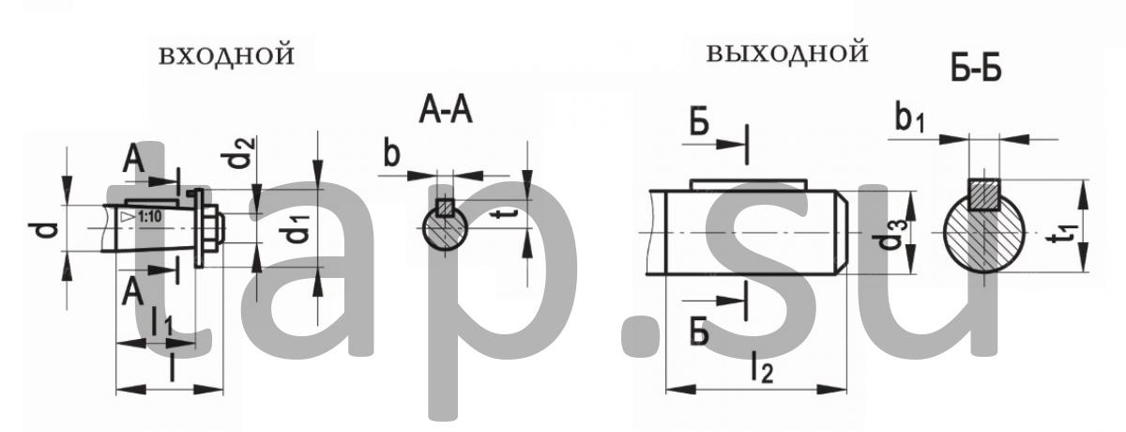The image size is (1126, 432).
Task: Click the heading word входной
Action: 227,55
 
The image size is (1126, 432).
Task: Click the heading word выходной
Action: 787,53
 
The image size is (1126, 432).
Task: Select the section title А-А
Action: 446,111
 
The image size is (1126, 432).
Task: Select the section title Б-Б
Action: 976,68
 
